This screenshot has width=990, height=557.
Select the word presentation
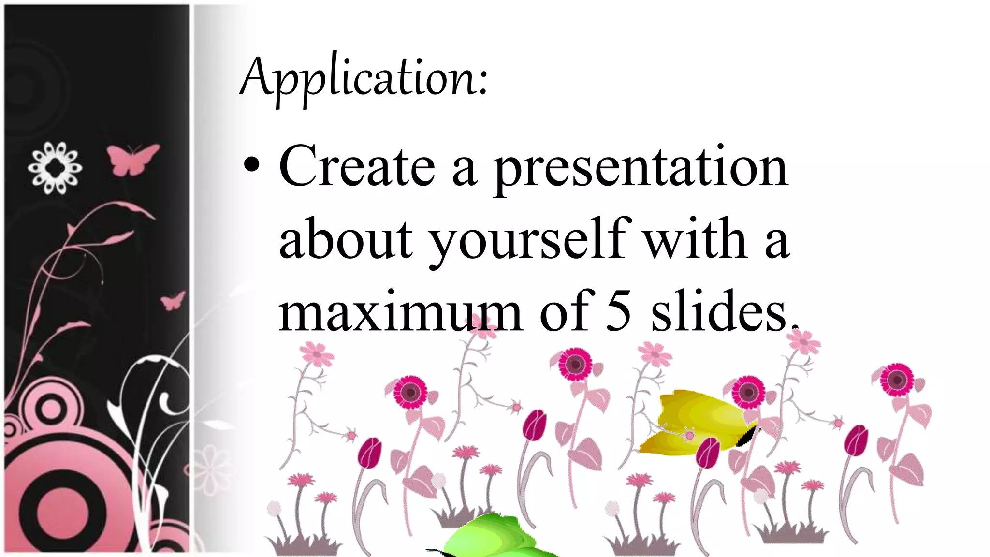pyautogui.click(x=640, y=169)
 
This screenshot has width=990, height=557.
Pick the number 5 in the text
pyautogui.click(x=618, y=312)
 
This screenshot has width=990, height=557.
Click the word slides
pyautogui.click(x=720, y=312)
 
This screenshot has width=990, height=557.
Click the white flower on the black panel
pyautogui.click(x=55, y=168)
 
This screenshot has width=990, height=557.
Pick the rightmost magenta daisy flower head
pyautogui.click(x=897, y=380)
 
